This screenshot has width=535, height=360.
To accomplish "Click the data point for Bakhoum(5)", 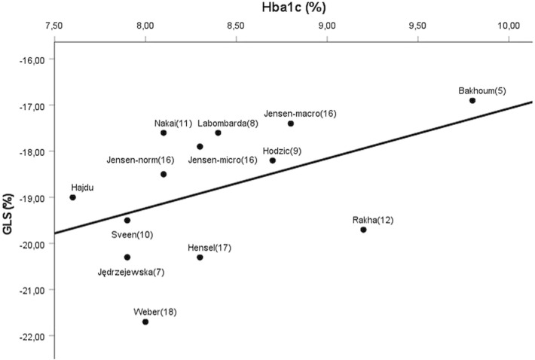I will coord(472,100).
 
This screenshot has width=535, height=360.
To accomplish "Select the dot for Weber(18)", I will coord(145,322).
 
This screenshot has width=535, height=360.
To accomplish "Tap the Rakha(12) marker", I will coord(363,230).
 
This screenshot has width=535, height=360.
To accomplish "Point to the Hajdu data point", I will coord(72,197).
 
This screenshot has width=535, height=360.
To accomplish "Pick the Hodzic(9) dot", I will coord(273,160).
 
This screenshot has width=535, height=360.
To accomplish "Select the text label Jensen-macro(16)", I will coord(300,113).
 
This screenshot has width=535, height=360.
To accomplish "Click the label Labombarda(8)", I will coord(228,123).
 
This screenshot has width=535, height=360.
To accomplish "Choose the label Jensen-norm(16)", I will coord(136,160).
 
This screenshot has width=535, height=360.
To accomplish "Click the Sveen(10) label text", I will coord(133,234).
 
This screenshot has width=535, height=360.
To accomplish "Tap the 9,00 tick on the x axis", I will coord(327,27).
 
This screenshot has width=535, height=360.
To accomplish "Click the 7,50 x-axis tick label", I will coord(54,27).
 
